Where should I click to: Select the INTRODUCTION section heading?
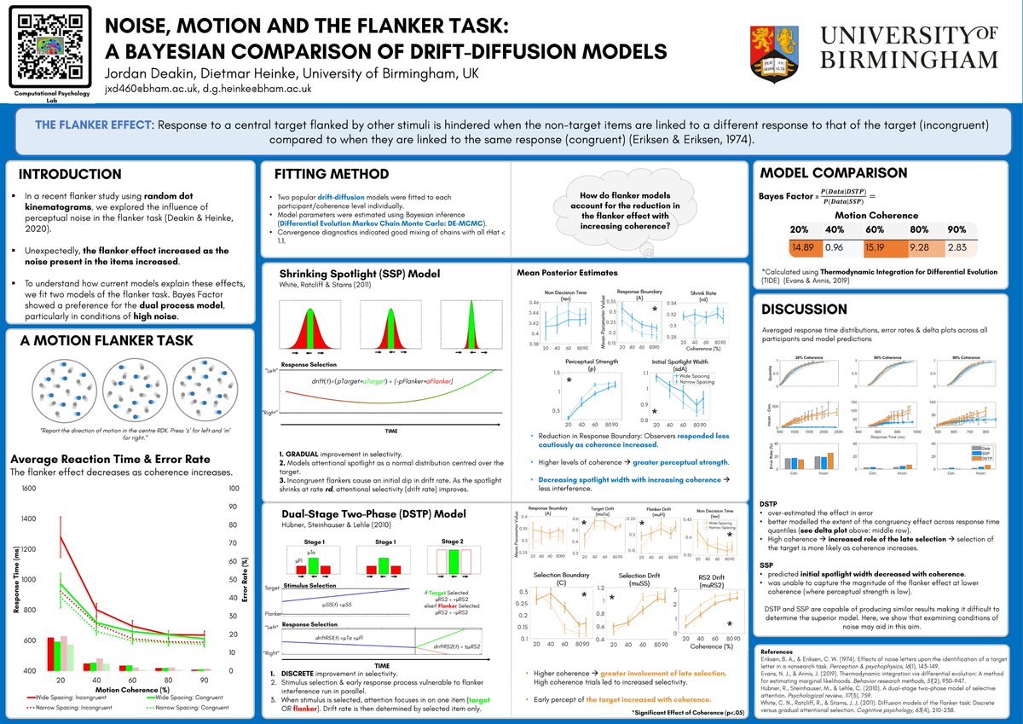point(70,175)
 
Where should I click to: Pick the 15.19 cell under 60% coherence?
point(876,248)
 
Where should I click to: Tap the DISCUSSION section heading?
point(806,308)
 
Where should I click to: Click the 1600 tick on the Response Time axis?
point(28,489)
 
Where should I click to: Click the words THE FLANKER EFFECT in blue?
point(90,125)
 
